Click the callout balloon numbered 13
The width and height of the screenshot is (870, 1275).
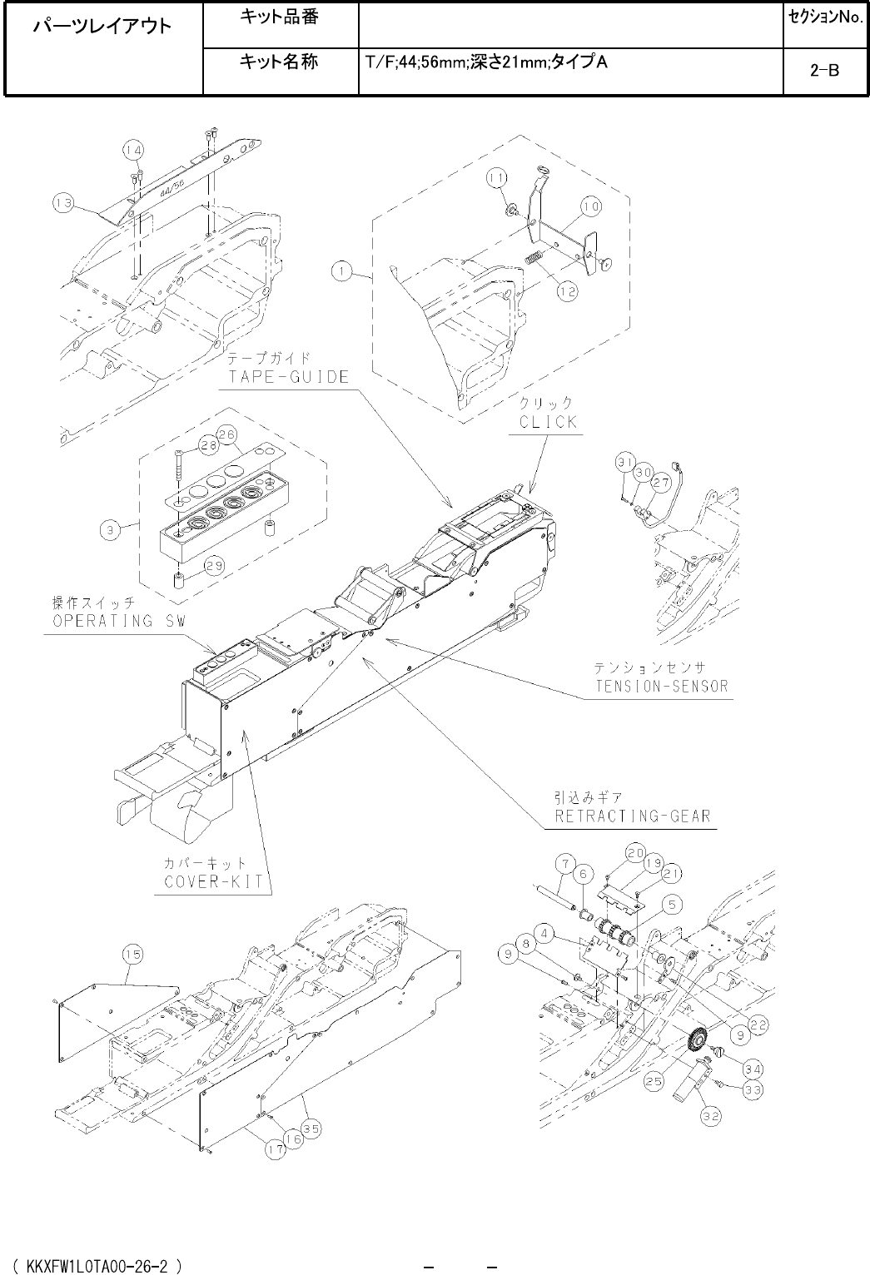click(x=64, y=201)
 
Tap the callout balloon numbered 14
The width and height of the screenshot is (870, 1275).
click(x=132, y=150)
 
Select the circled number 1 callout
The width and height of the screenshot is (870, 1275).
click(x=340, y=269)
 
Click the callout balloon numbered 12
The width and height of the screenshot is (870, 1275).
click(x=569, y=292)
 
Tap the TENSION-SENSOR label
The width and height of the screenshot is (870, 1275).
click(x=661, y=686)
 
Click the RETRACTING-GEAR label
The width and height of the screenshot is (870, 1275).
click(x=633, y=816)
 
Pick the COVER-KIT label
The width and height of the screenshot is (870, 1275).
click(x=212, y=881)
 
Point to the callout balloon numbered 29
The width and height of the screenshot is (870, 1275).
click(x=214, y=567)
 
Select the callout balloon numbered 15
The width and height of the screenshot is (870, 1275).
click(x=132, y=955)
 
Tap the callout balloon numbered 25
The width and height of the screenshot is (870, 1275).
click(x=654, y=1081)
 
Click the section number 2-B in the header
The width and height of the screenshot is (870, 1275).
click(x=823, y=72)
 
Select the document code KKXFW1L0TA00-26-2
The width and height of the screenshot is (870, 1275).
click(x=98, y=1266)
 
